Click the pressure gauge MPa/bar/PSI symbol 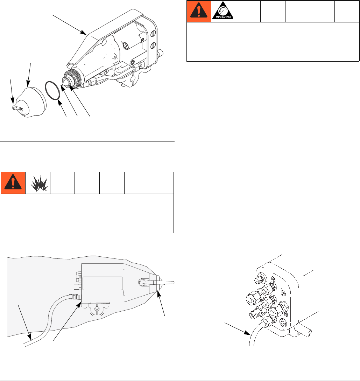click(x=223, y=11)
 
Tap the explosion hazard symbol click(x=39, y=183)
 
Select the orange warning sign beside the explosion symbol click(x=13, y=183)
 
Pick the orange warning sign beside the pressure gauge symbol click(x=199, y=11)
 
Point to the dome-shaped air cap click(x=33, y=102)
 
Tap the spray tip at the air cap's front click(x=16, y=107)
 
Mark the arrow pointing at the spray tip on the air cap click(x=12, y=91)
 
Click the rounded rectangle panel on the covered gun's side click(x=103, y=283)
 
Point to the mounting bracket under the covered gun click(x=96, y=309)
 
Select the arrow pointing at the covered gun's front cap click(x=161, y=303)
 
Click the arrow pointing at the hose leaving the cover click(x=25, y=323)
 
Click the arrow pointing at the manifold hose click(x=238, y=329)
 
